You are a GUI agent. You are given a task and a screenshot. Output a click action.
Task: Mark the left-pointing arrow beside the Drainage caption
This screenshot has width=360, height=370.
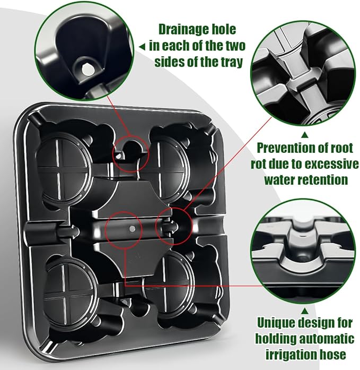click(142, 46)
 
